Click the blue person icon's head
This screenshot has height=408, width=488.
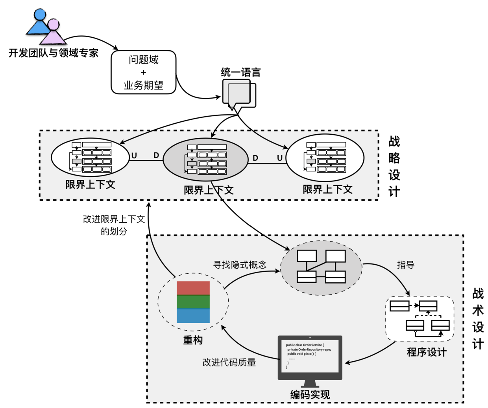[40, 15]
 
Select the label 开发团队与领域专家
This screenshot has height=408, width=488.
[54, 53]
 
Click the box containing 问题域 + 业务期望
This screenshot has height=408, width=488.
[143, 72]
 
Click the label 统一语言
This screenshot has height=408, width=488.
[240, 72]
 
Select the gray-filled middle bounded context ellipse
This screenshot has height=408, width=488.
[205, 160]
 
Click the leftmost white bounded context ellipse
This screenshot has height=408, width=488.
[90, 157]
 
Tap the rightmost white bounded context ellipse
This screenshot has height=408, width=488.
[325, 157]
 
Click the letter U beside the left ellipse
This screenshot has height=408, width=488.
[134, 156]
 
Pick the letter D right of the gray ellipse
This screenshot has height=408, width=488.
[255, 158]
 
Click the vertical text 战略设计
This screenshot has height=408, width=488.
[394, 166]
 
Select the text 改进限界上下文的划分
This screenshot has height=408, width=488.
[114, 225]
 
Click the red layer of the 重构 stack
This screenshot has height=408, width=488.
[193, 288]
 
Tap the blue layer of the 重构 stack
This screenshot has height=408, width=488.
[193, 316]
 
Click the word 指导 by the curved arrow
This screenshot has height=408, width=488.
[405, 265]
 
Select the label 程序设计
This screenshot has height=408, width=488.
[427, 352]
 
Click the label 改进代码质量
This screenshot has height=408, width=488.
[229, 362]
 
